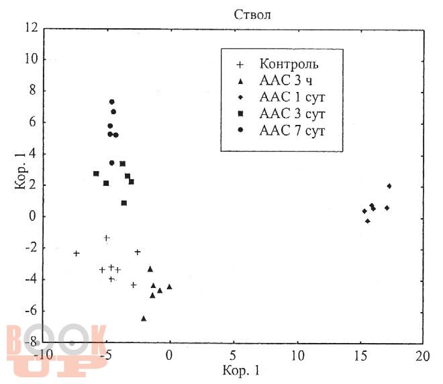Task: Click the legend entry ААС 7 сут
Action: (292, 130)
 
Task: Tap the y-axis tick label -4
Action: (29, 279)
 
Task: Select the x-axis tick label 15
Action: (360, 355)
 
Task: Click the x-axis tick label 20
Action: (423, 355)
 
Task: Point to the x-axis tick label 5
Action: (233, 355)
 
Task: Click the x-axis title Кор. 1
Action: (232, 370)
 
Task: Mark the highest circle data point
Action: (112, 102)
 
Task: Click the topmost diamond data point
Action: (389, 186)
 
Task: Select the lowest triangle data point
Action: (144, 318)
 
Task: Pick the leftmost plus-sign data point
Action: (77, 253)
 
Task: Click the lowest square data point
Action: (124, 203)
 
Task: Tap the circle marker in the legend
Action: (240, 131)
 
